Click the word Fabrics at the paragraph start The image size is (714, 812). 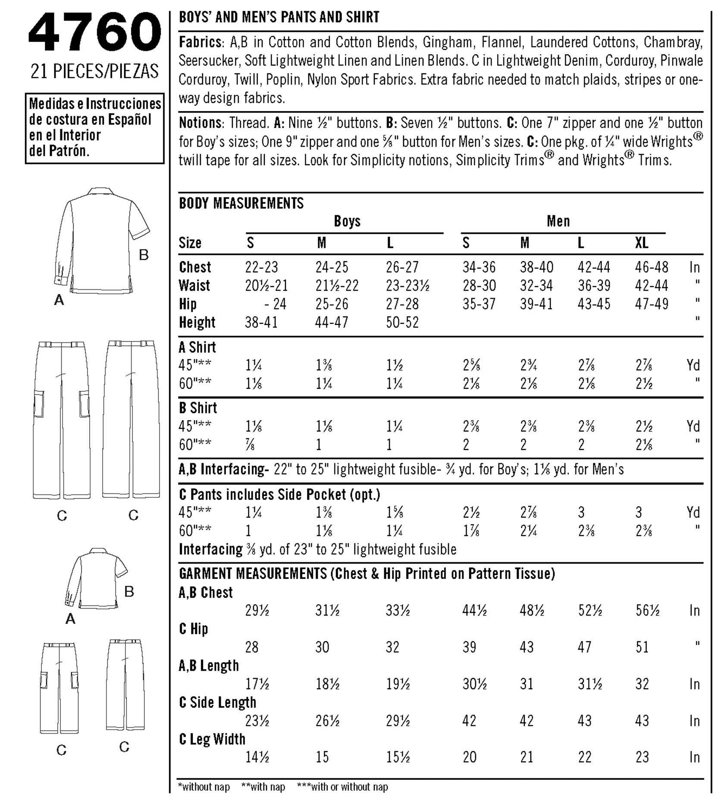coord(200,42)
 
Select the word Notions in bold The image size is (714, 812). coord(200,123)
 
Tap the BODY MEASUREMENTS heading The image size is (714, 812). coord(241,203)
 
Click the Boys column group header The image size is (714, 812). coord(347,221)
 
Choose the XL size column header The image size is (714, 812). coord(642,243)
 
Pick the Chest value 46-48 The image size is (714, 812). coord(651,267)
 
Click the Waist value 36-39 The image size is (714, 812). coord(594,285)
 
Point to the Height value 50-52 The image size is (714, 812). coord(402,322)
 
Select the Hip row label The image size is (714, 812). coord(188,304)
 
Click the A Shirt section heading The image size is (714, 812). coord(197,347)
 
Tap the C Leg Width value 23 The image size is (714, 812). coord(642,757)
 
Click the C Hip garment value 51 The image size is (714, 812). coord(642,647)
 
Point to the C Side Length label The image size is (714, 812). coord(217,702)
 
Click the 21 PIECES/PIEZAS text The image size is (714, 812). coord(94,71)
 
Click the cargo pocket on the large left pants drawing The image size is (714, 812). coord(39,404)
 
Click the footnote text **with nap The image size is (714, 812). coord(263,787)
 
